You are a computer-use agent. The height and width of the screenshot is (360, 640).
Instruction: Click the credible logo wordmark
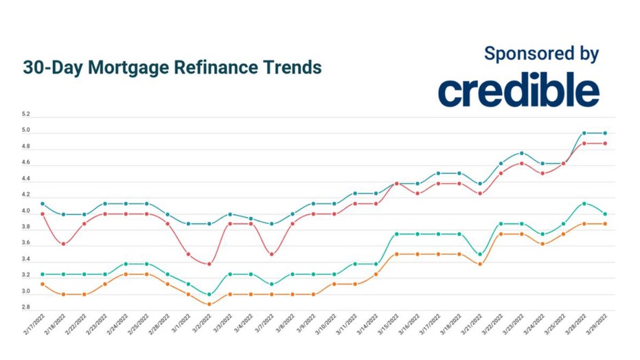(518, 91)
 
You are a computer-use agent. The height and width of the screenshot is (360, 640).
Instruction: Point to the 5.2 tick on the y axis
(25, 114)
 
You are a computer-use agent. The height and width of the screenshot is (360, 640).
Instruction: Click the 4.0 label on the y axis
(25, 212)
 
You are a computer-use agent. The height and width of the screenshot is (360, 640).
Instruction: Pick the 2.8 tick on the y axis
(25, 308)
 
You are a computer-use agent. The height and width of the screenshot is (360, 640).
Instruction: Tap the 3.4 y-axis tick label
(25, 260)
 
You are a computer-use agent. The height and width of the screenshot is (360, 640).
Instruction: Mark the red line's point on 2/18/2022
(63, 244)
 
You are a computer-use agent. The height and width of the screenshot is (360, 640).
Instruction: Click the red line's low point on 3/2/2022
(209, 264)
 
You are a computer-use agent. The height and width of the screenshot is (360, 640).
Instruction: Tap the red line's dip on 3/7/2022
(271, 254)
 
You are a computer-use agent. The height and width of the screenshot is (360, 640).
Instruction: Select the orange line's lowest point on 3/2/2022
(209, 304)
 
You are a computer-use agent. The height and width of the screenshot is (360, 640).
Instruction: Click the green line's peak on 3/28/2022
(584, 203)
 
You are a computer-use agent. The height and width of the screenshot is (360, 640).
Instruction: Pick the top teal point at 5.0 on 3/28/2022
(584, 133)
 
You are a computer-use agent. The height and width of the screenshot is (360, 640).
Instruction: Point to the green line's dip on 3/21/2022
(479, 254)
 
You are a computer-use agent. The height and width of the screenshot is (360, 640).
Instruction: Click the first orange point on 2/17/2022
(43, 284)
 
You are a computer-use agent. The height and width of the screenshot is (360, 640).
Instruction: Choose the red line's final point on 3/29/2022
(604, 143)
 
